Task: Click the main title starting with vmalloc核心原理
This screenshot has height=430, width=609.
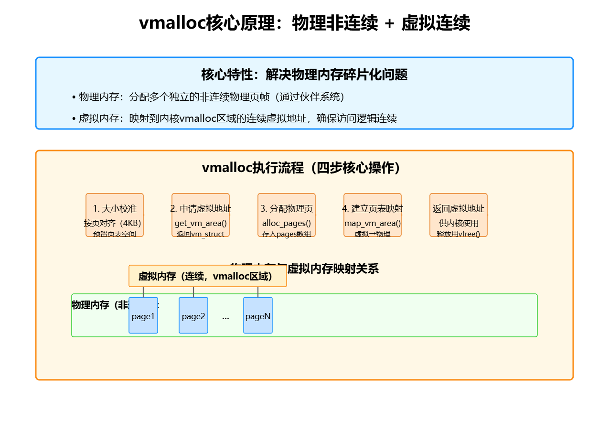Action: (304, 23)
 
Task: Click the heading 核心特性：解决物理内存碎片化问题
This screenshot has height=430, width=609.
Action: (304, 75)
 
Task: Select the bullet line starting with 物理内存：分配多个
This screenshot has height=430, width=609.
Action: (208, 97)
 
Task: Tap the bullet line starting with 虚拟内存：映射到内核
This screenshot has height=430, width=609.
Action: (234, 118)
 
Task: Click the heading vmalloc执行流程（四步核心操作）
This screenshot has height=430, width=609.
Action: (304, 168)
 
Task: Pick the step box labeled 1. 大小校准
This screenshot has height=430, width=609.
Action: (115, 215)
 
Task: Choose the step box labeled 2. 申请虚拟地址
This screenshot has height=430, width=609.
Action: (201, 215)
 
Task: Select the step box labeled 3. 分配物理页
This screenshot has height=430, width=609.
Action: (287, 215)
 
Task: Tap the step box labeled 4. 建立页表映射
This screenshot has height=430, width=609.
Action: (373, 215)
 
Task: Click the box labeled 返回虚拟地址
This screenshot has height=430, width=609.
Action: (459, 215)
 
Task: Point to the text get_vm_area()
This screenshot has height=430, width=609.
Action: (201, 223)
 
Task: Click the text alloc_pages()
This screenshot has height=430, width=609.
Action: (287, 223)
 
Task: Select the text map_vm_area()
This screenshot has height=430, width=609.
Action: (373, 223)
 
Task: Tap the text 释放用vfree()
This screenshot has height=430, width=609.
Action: (459, 234)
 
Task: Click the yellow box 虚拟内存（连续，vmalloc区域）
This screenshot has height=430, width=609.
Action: (208, 276)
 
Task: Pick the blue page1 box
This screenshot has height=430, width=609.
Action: (143, 316)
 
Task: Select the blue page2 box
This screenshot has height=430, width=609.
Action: (193, 316)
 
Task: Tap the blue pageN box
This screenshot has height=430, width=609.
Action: (258, 316)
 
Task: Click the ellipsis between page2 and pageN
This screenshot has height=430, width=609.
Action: (225, 317)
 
